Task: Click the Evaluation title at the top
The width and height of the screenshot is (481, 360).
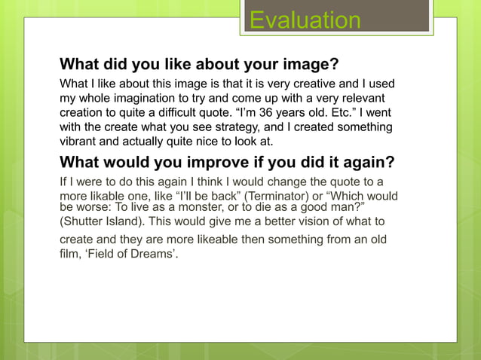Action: [x=305, y=20]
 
